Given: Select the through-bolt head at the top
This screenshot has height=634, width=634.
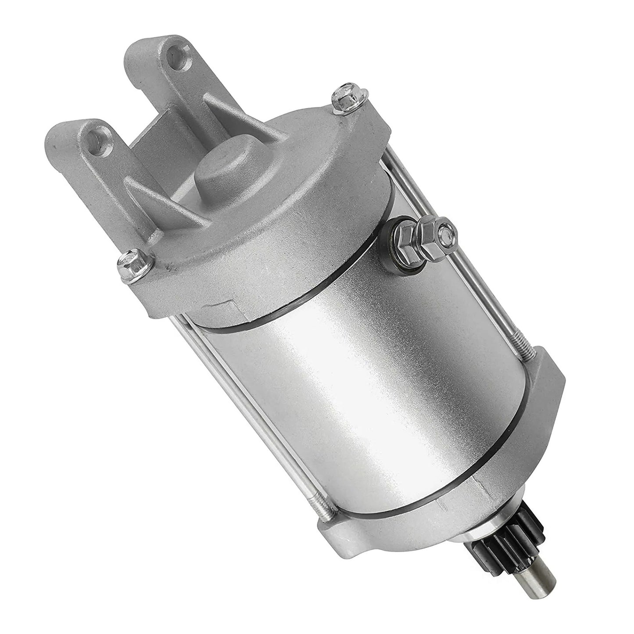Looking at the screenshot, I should [340, 97].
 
